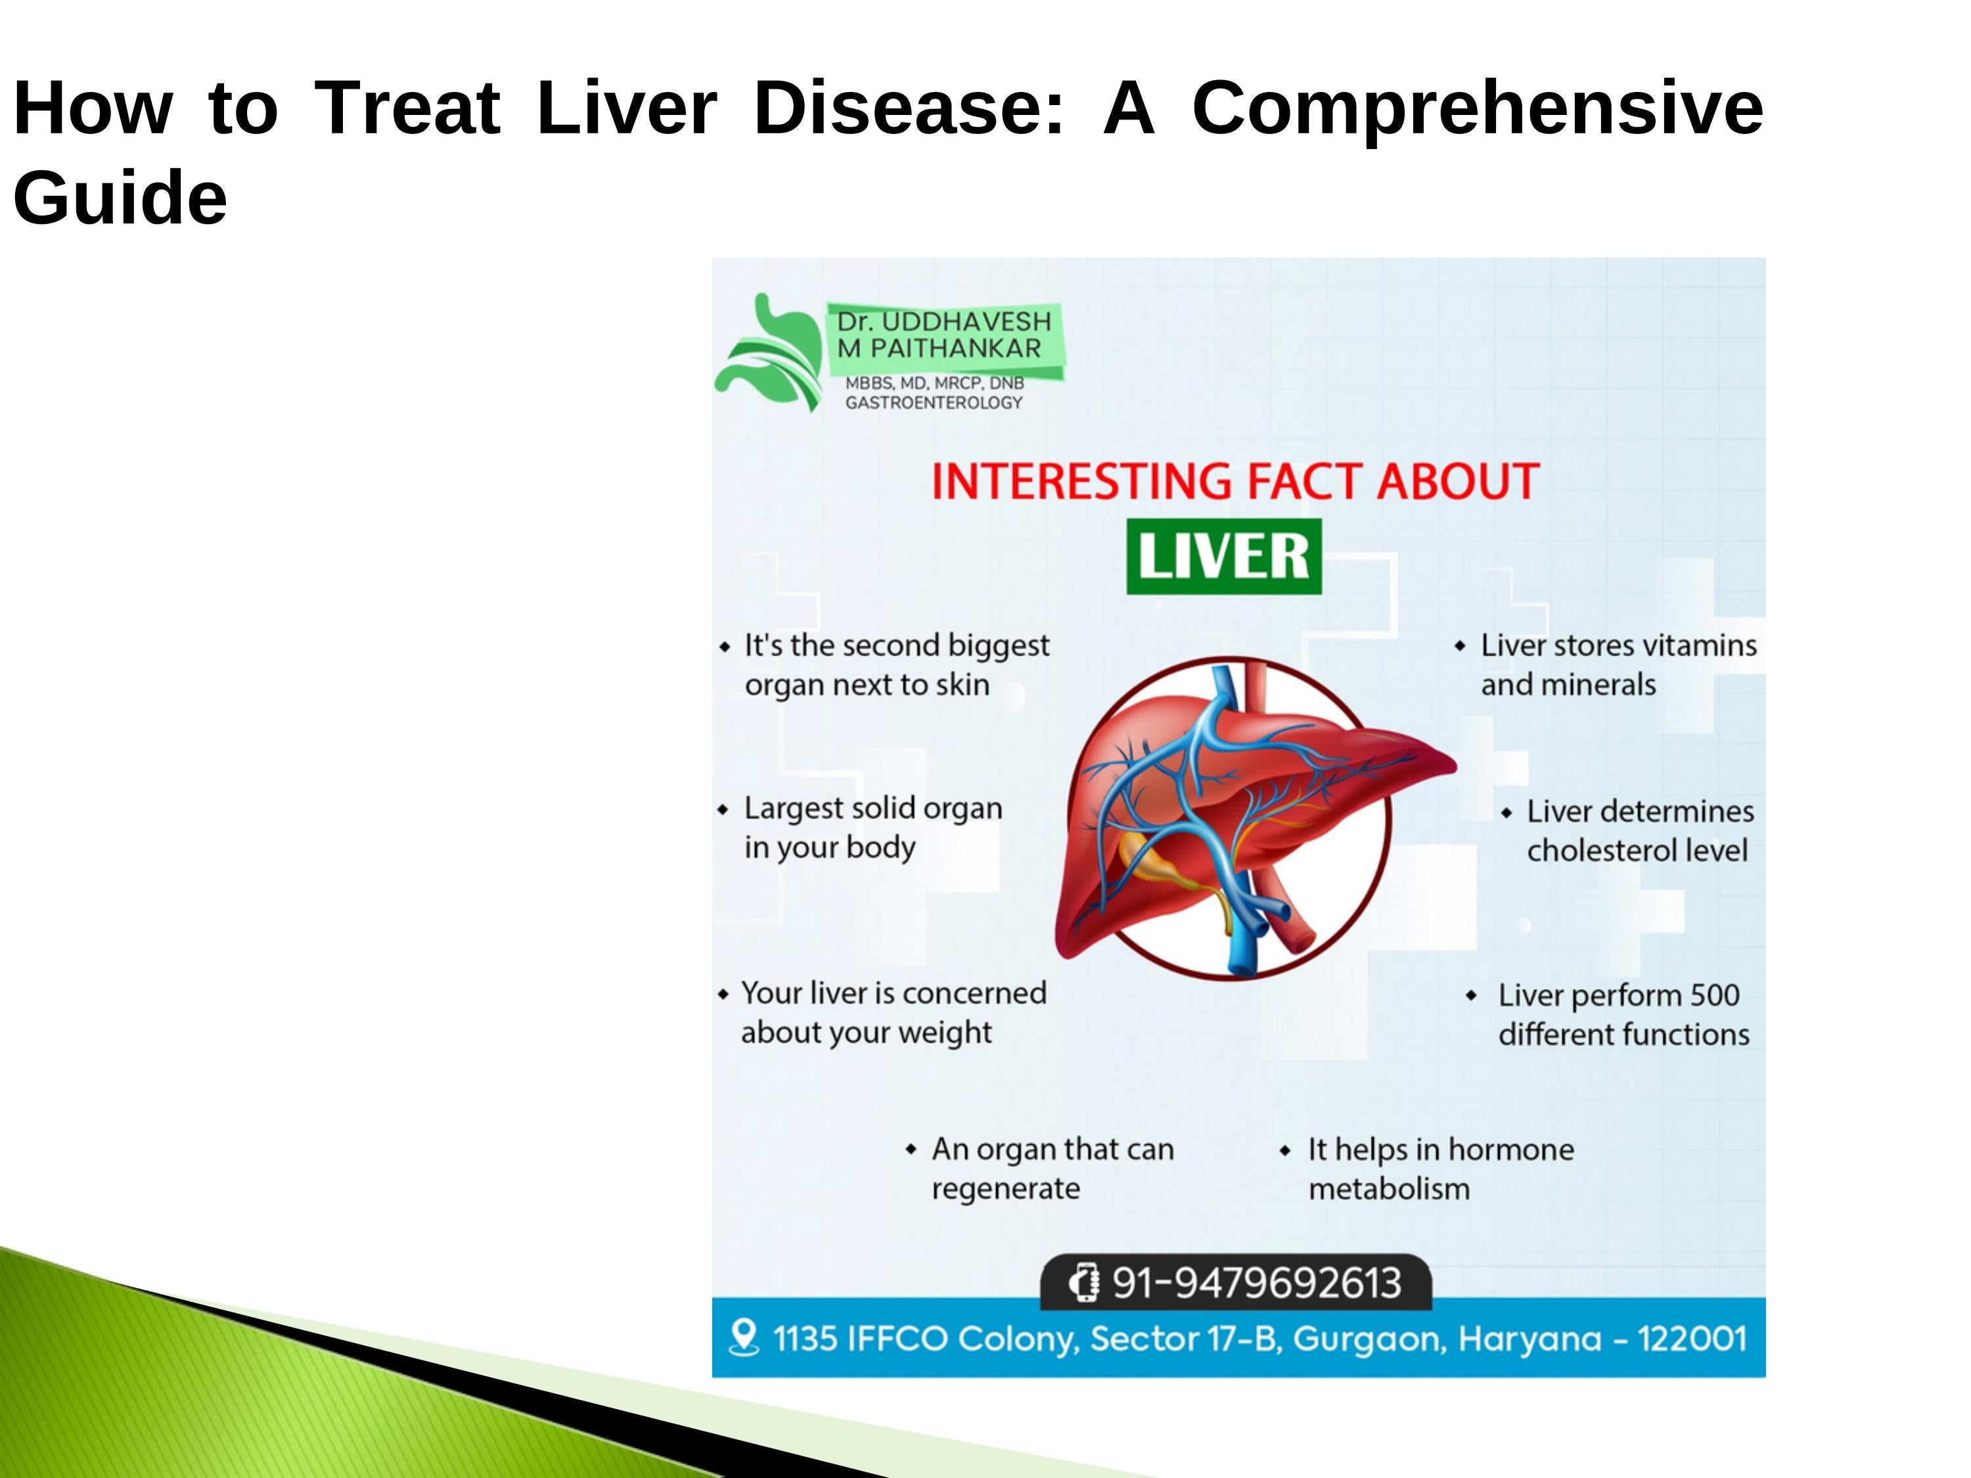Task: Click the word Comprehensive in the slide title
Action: point(1478,108)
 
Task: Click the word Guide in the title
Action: point(120,198)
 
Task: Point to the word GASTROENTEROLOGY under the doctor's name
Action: point(933,403)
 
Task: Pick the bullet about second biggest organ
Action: point(895,665)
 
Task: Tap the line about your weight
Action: point(865,1033)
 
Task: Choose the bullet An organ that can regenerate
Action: point(1051,1168)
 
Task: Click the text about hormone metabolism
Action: point(1439,1168)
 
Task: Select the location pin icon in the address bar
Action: point(743,1337)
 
